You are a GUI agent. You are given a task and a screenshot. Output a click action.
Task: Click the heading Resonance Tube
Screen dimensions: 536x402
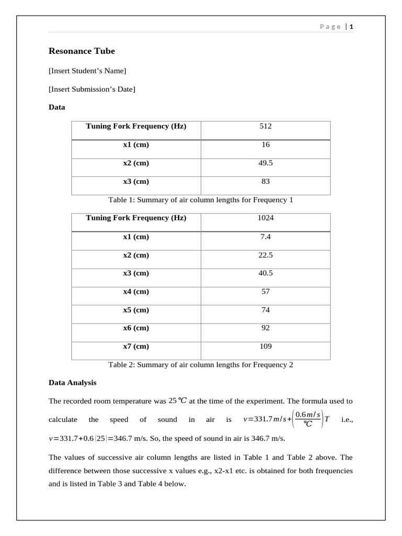[x=82, y=51]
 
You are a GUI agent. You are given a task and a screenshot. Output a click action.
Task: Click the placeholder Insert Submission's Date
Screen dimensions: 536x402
[x=92, y=90]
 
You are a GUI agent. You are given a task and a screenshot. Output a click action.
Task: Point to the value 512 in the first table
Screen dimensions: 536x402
[x=265, y=126]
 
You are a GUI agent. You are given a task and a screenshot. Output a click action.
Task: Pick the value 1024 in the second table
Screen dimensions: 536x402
[x=265, y=218]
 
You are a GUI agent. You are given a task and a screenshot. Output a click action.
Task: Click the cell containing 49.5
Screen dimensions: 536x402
[x=265, y=163]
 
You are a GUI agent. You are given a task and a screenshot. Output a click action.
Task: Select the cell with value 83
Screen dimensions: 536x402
[x=265, y=182]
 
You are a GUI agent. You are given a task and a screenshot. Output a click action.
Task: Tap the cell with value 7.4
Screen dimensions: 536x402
[x=265, y=237]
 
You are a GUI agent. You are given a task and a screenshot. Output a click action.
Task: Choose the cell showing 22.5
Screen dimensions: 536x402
[x=265, y=255]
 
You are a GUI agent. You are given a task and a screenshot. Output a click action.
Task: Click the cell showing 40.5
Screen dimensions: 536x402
[x=265, y=273]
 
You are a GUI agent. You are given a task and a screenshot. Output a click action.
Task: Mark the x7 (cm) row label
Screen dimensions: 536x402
[x=136, y=346]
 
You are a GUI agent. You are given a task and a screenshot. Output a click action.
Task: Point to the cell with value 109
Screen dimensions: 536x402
[x=265, y=346]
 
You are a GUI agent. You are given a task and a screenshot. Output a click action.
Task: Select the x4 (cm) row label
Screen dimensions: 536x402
[x=136, y=292]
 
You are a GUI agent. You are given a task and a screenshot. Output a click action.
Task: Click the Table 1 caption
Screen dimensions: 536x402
[x=200, y=200]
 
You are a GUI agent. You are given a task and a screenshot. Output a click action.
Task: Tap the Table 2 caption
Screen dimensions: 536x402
[x=200, y=365]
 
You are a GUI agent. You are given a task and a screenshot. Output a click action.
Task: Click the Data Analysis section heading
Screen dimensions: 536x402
[x=72, y=383]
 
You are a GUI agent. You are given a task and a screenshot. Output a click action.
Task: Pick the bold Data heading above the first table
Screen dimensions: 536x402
[x=57, y=107]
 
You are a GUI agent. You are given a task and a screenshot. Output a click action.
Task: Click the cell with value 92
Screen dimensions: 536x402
[x=265, y=328]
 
